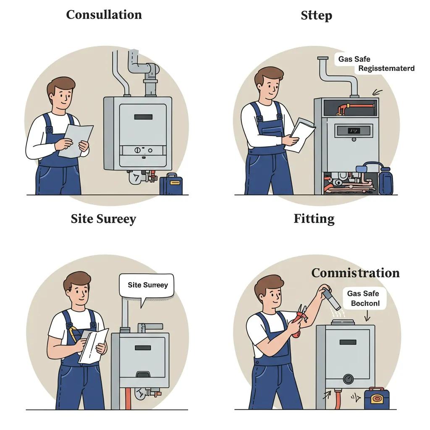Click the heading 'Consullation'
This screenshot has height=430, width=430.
coord(104,15)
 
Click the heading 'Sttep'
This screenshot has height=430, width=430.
coord(316,16)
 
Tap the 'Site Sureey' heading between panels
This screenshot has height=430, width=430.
coord(103,219)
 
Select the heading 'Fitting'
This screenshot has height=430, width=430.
coord(314,219)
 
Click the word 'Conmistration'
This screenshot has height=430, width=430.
coord(355,273)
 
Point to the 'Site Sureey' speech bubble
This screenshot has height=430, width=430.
coord(147,285)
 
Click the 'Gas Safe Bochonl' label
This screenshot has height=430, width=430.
coord(364,299)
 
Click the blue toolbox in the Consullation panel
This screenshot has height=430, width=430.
coord(171,185)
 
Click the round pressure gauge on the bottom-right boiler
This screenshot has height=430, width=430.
coord(348,379)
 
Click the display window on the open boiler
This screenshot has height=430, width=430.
coord(354,131)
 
